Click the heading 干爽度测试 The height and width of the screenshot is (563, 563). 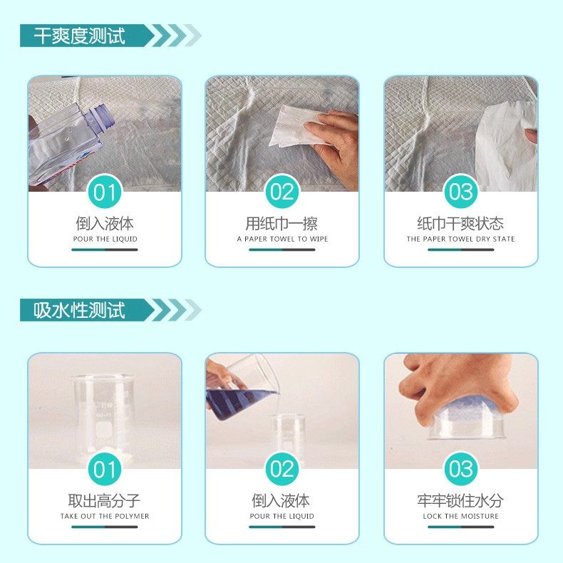click(79, 36)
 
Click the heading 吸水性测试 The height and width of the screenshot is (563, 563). click(79, 310)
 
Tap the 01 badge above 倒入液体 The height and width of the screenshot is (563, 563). click(104, 192)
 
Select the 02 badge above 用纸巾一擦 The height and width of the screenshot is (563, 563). click(282, 192)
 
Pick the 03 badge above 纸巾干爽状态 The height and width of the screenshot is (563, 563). click(460, 192)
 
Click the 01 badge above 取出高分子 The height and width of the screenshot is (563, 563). click(104, 470)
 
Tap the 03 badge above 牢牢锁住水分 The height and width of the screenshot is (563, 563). click(460, 470)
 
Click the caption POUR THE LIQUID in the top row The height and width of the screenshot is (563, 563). click(105, 239)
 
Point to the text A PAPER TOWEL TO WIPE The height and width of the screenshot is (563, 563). click(282, 239)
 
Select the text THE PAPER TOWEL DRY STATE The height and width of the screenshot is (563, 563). click(460, 239)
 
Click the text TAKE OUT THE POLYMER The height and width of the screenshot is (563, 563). click(105, 517)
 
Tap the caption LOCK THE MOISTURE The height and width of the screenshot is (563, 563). click(460, 517)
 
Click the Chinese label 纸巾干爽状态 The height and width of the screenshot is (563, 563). click(460, 224)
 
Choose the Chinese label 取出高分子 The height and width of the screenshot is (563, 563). click(105, 501)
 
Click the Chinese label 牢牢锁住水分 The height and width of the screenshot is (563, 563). click(460, 501)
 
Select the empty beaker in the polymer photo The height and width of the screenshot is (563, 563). click(103, 413)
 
